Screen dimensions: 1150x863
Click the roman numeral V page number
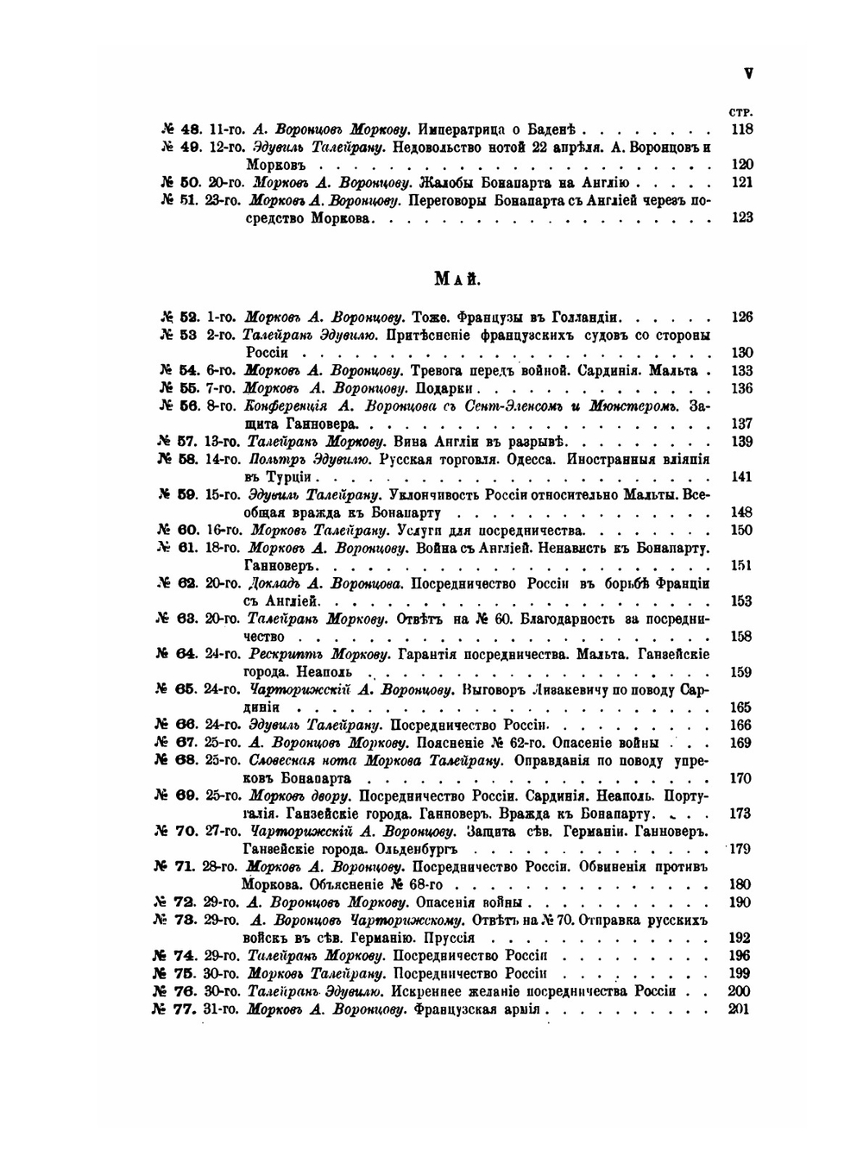coord(748,74)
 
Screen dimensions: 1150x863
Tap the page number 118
coord(741,129)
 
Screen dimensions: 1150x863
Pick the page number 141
coord(741,477)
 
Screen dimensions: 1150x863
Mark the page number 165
coord(740,707)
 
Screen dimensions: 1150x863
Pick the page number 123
coord(741,218)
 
